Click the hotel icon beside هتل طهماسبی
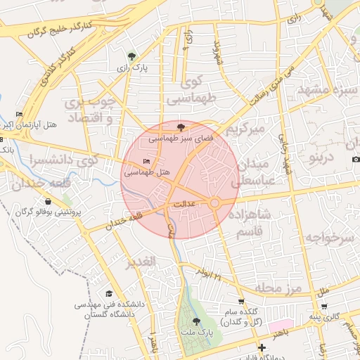pos(147,162)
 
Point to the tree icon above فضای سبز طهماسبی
pos(182,127)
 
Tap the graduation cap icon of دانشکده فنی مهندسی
pos(109,294)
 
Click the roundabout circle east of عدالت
pos(214,202)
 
